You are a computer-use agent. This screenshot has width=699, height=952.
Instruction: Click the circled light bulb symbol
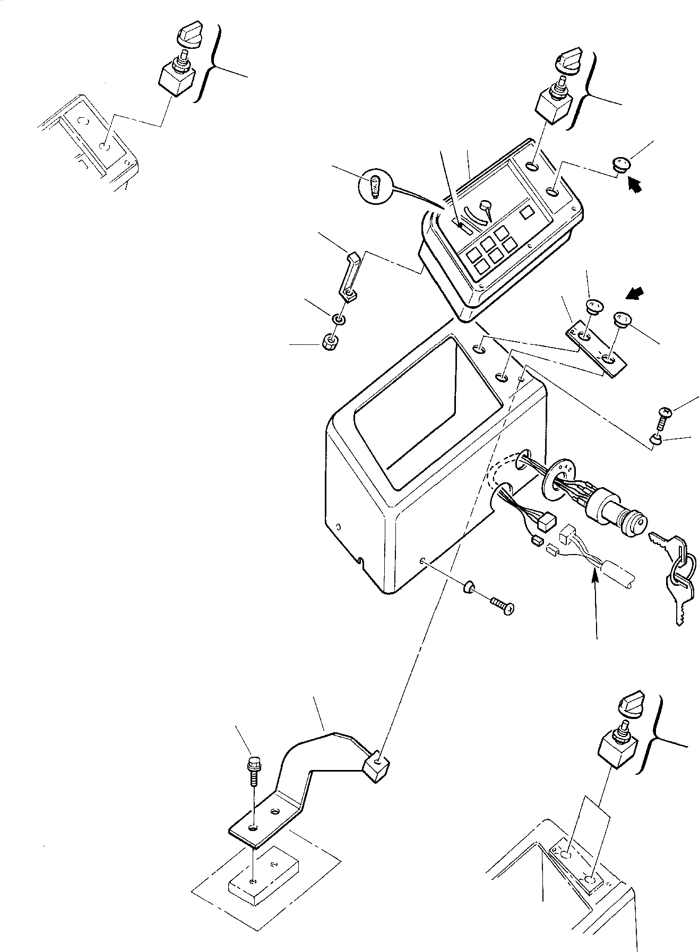(375, 187)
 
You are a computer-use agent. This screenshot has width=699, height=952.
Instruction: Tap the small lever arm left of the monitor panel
(349, 276)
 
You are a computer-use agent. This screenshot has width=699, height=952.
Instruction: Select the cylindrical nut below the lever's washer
(330, 342)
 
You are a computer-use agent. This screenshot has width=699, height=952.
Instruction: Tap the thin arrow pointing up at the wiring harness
(596, 605)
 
